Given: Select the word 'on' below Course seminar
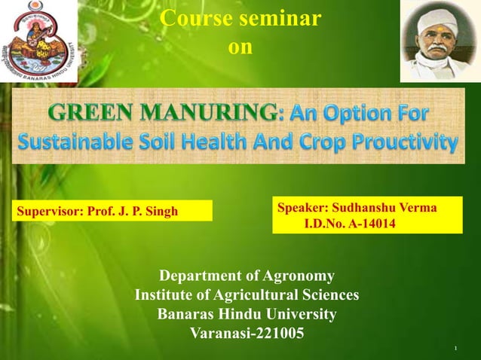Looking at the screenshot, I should pyautogui.click(x=240, y=47).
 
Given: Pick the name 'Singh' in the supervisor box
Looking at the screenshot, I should pyautogui.click(x=161, y=211).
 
